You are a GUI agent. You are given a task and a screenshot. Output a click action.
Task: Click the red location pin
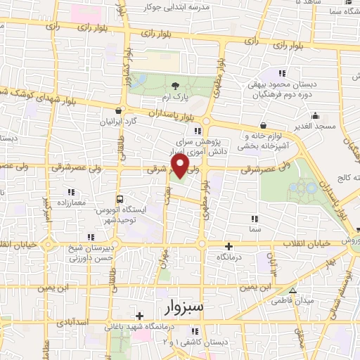[x=181, y=165]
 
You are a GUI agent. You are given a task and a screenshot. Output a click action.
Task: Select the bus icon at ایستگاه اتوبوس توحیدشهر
[x=120, y=199]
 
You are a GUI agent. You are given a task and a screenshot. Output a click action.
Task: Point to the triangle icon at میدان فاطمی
[x=294, y=291]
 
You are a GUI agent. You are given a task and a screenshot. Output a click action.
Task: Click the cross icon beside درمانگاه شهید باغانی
[x=139, y=316]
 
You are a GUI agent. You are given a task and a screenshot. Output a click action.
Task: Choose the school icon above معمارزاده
[x=70, y=192]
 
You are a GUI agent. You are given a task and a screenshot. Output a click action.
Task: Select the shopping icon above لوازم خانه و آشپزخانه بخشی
[x=262, y=125]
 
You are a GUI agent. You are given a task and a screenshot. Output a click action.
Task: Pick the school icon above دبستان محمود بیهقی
[x=282, y=73]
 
